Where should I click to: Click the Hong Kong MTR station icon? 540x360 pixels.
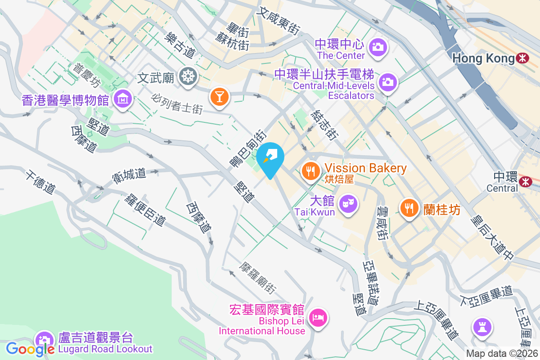coord(522,58)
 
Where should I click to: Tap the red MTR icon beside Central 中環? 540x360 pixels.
coord(525,181)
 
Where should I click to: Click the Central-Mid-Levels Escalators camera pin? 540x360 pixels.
coord(387,82)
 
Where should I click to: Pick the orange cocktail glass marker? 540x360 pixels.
coord(220,96)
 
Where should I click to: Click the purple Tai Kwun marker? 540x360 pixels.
coord(348,204)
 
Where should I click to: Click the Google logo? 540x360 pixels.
coord(30,349)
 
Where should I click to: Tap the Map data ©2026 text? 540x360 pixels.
coord(502,354)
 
